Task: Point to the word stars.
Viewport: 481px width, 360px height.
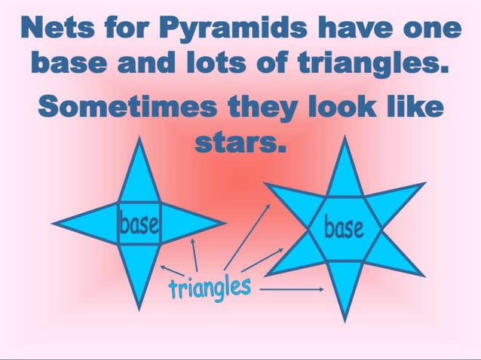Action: pyautogui.click(x=240, y=141)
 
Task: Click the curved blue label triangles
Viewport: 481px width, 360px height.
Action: pyautogui.click(x=209, y=286)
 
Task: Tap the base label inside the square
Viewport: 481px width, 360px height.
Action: pyautogui.click(x=138, y=224)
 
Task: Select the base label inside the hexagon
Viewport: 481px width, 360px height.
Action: pyautogui.click(x=343, y=226)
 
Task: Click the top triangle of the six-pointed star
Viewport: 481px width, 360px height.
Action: pyautogui.click(x=345, y=172)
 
